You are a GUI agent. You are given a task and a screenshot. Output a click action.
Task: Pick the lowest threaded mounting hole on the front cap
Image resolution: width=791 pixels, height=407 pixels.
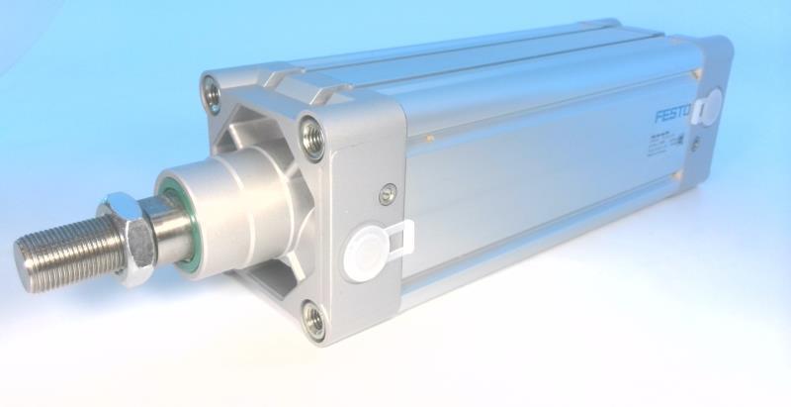[x=313, y=319]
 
